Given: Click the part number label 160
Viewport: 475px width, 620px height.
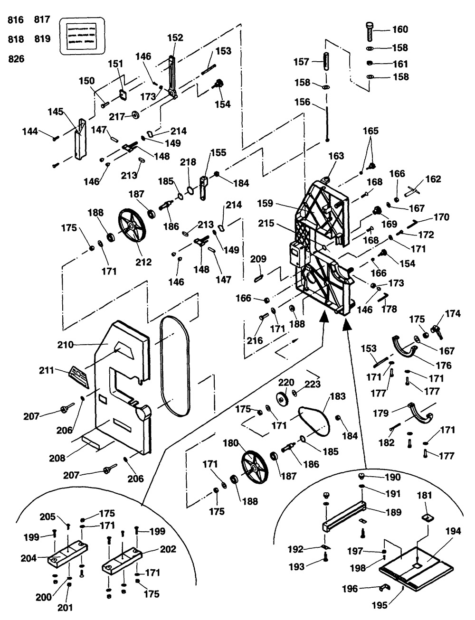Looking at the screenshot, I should click(x=399, y=29).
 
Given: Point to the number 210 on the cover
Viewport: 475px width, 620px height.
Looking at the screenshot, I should click(x=66, y=344).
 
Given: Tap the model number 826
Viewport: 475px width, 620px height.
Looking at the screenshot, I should click(x=17, y=59).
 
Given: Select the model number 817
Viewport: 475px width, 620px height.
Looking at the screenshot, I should click(x=42, y=20).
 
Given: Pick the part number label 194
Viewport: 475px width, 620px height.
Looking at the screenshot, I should click(x=453, y=531).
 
